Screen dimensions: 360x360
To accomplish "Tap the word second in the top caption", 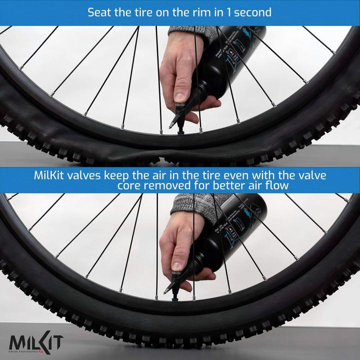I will click(252, 12).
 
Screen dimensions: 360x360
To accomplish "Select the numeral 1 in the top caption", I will click(225, 12).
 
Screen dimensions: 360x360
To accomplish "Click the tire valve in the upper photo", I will click(178, 129).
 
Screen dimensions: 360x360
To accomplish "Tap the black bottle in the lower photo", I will click(230, 235).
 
